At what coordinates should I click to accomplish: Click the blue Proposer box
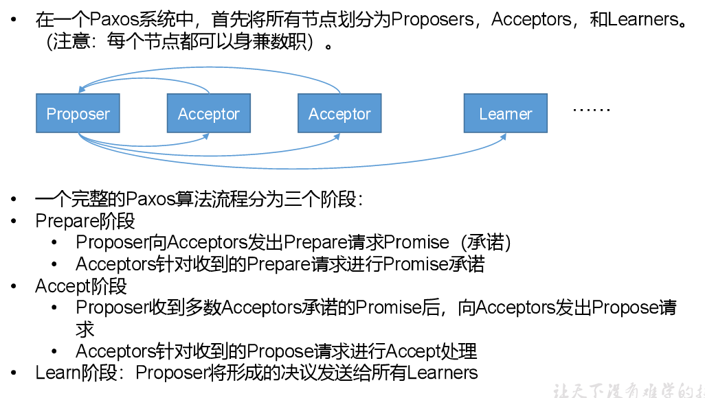click(x=78, y=114)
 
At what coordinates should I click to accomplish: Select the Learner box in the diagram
click(x=505, y=114)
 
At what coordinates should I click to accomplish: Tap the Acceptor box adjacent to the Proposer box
click(x=208, y=114)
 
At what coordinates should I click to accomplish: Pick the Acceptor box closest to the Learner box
click(x=339, y=114)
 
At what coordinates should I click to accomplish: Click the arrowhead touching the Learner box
click(x=503, y=137)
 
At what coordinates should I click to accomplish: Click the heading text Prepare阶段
click(x=85, y=221)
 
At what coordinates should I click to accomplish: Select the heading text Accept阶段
click(x=81, y=285)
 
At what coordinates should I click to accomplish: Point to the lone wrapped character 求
click(x=85, y=329)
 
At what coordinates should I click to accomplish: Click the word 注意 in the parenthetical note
click(x=71, y=42)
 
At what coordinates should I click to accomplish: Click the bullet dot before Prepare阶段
click(x=14, y=222)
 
